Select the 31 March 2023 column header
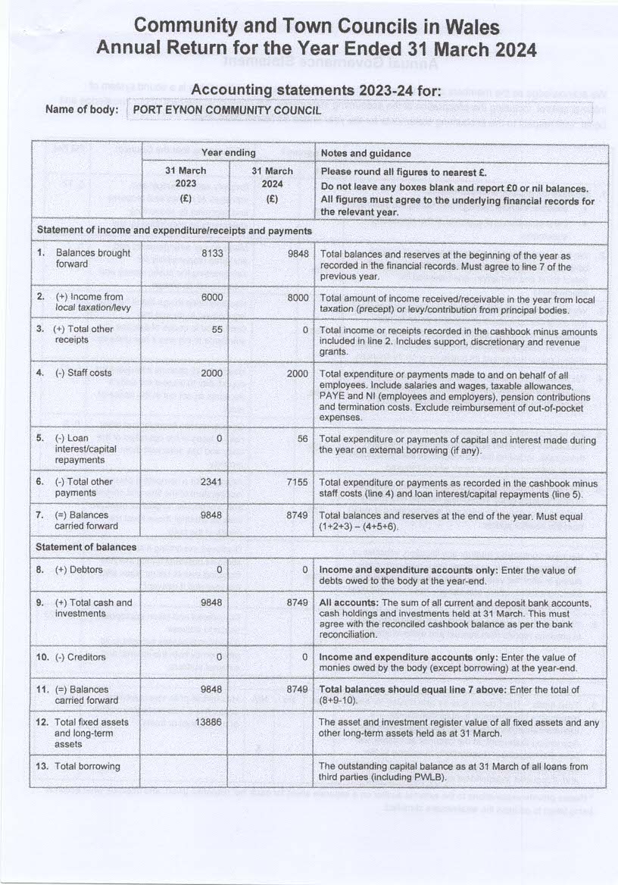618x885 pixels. (186, 183)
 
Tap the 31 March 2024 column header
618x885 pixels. (272, 183)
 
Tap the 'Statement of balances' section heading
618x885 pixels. (87, 547)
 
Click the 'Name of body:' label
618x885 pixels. (83, 109)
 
